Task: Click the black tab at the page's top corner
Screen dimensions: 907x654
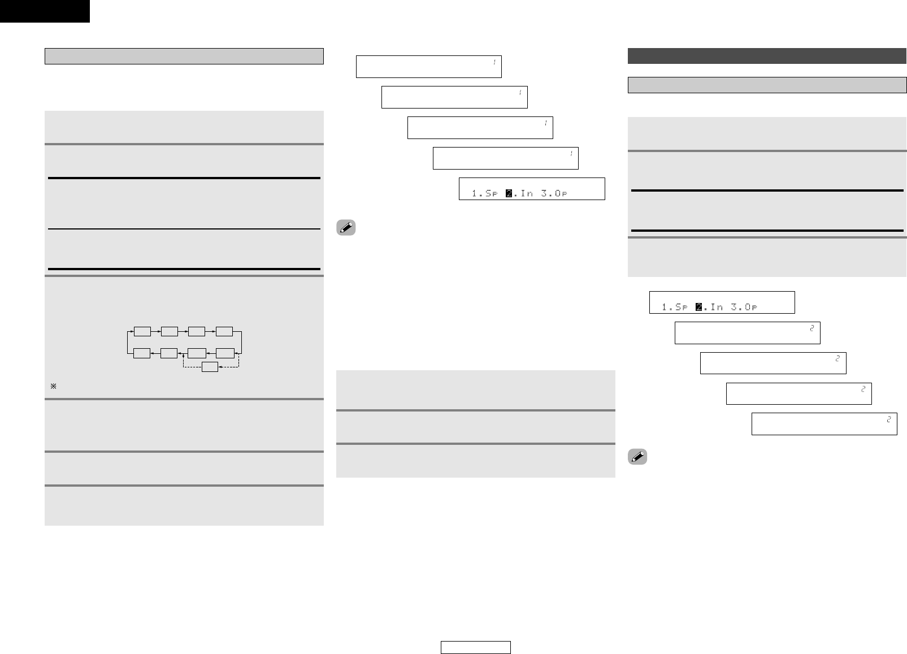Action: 45,11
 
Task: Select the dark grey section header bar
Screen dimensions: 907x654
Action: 767,57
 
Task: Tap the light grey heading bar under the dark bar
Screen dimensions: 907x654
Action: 767,85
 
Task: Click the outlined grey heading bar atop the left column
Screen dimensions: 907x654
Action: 184,57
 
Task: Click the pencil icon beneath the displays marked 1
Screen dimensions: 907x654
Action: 346,227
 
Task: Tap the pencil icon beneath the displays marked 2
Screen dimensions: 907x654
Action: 637,457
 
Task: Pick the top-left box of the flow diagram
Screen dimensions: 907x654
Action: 142,331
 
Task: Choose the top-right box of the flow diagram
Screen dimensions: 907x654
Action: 224,331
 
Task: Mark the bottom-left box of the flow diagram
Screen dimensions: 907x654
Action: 142,353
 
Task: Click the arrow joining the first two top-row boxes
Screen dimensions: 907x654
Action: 155,331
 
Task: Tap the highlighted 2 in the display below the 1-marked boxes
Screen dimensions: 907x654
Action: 509,194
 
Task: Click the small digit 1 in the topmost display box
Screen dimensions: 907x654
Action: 494,62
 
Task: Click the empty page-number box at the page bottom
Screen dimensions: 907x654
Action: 476,647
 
